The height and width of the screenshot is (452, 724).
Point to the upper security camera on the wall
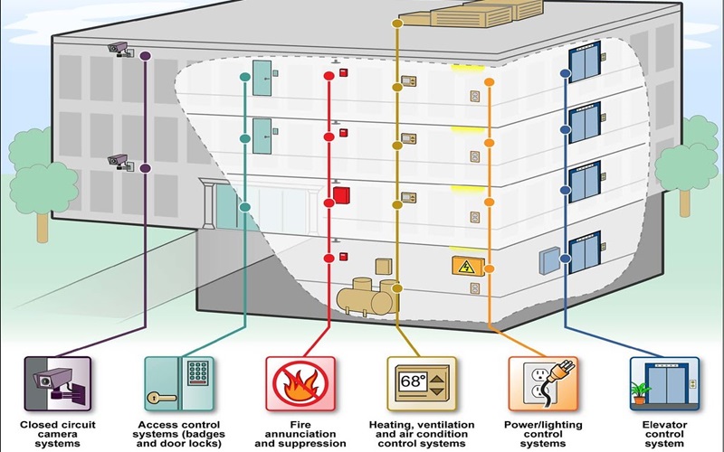click(x=119, y=48)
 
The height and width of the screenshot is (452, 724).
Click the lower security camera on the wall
click(x=119, y=161)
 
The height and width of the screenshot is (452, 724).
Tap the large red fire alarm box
click(x=341, y=196)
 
